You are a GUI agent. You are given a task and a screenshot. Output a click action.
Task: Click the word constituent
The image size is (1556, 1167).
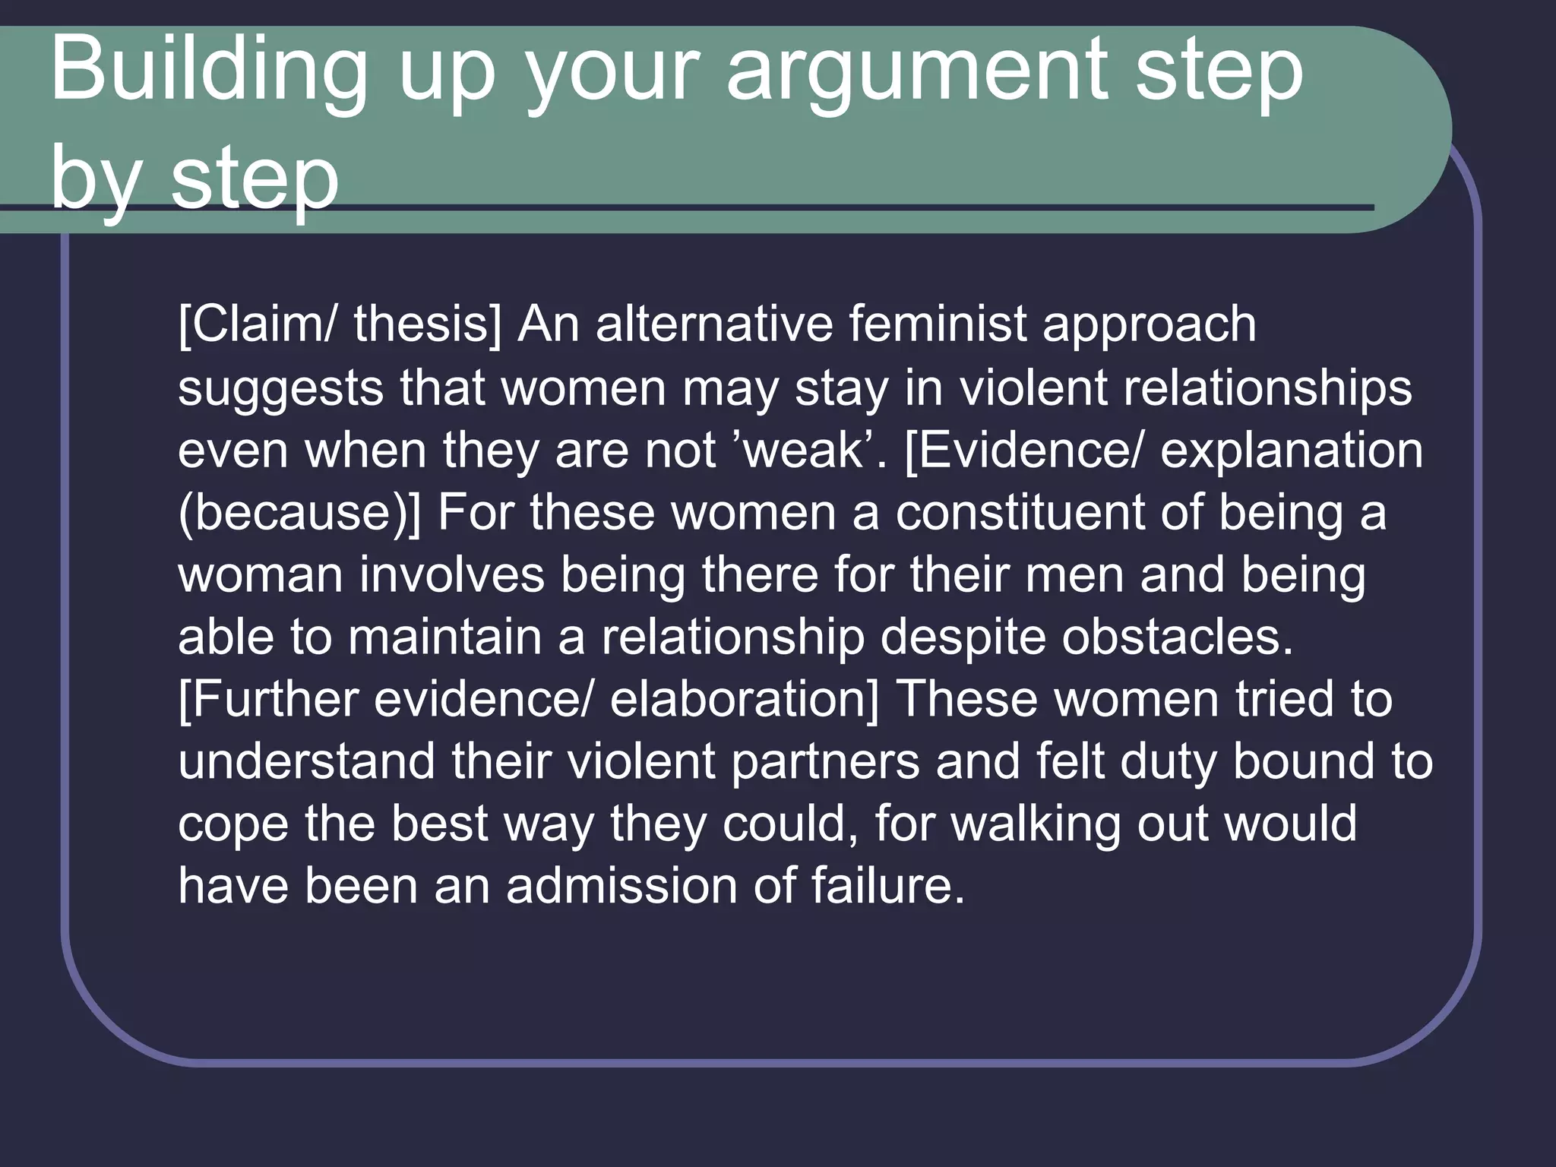(x=1019, y=513)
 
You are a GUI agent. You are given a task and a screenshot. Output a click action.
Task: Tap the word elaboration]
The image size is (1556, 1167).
(x=744, y=699)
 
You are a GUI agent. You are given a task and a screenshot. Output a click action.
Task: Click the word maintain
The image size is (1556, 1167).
(x=444, y=637)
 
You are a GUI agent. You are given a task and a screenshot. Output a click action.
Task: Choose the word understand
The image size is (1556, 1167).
(x=307, y=761)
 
